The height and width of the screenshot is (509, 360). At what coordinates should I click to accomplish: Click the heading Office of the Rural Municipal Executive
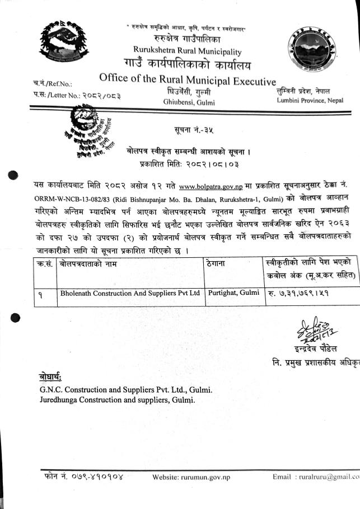pyautogui.click(x=188, y=78)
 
